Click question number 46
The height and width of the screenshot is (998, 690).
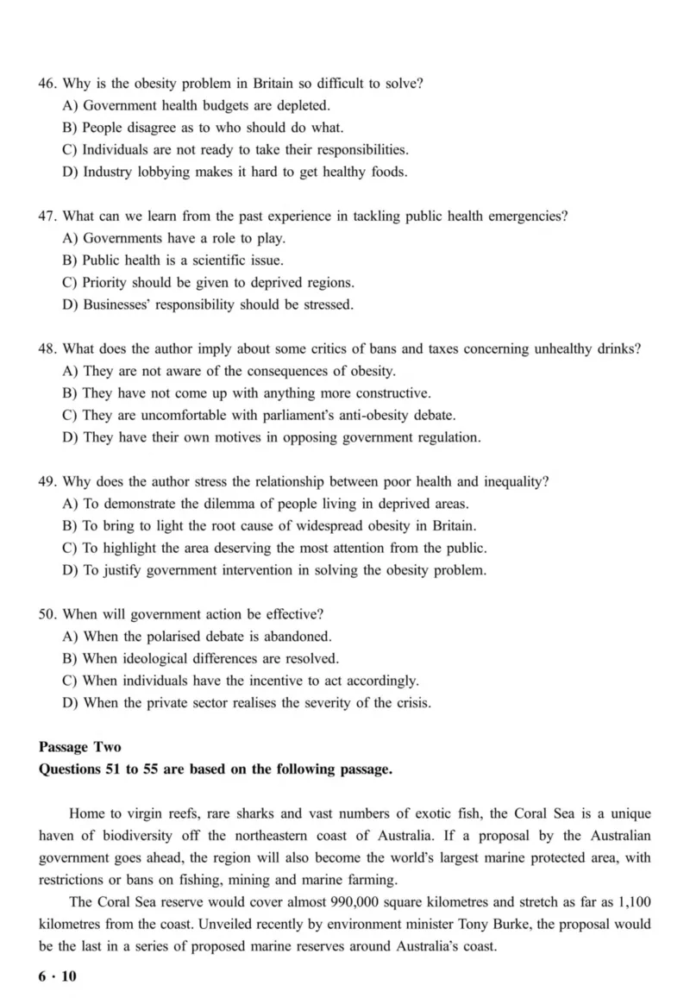(x=47, y=84)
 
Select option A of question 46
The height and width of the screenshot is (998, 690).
(x=72, y=106)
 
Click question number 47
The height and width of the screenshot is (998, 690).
(x=47, y=217)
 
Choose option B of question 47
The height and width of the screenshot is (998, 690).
(x=72, y=260)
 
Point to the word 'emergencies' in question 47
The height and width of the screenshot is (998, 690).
(x=528, y=217)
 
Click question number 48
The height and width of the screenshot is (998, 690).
(x=47, y=349)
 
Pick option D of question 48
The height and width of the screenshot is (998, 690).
(x=72, y=437)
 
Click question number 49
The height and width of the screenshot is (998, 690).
(x=47, y=481)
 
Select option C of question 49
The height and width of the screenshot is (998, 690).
(x=72, y=548)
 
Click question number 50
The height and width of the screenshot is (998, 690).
(x=47, y=614)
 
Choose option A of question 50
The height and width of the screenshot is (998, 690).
(x=72, y=637)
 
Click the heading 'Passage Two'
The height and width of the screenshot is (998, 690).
(x=80, y=747)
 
